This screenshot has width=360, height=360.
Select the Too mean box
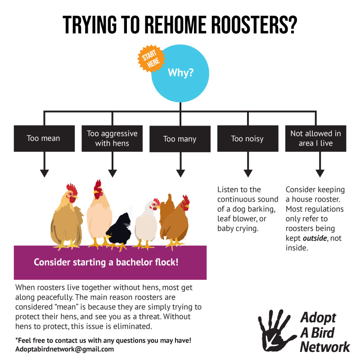pos(44,138)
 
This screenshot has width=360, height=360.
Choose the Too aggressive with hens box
pos(112,138)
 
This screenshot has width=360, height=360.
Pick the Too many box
pos(180,139)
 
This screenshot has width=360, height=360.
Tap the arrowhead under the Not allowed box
pos(319,173)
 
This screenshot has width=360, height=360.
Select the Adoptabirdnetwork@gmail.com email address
pos(64,349)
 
